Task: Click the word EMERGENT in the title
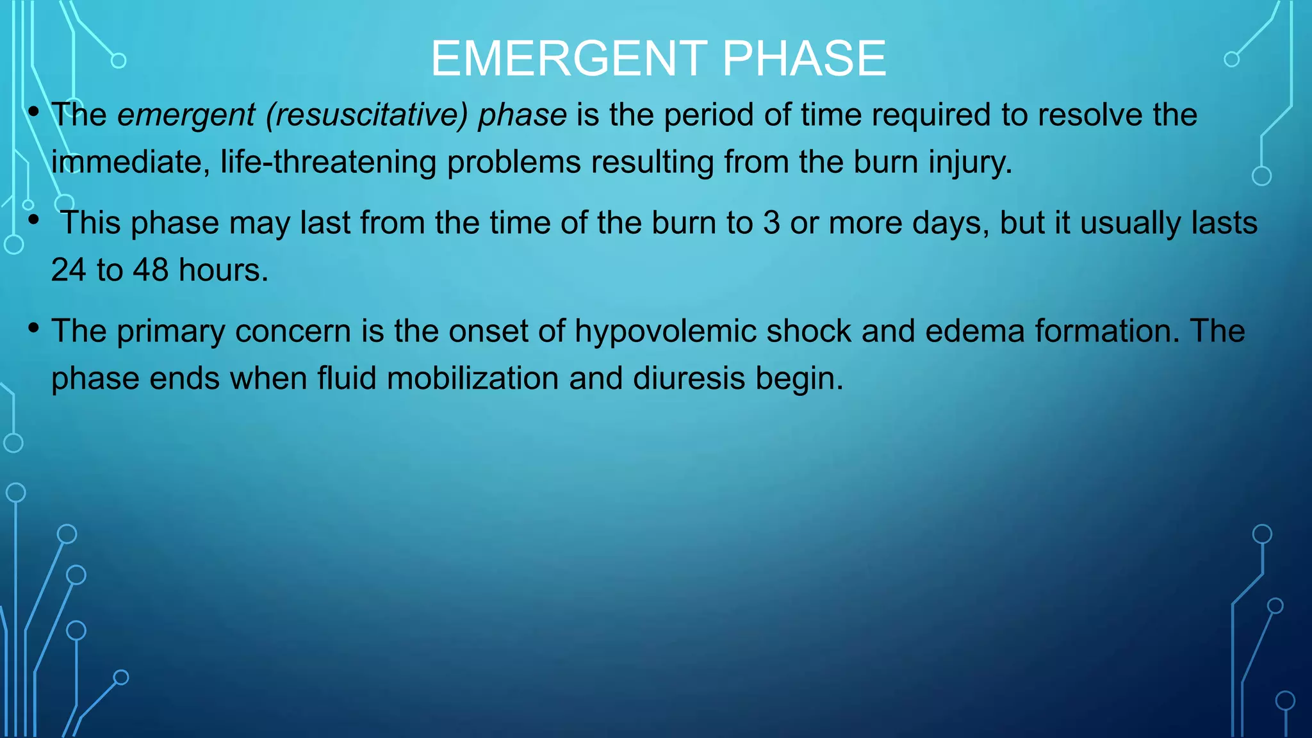(569, 59)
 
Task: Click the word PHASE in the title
(804, 59)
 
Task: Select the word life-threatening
(328, 162)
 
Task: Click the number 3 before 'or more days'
(771, 224)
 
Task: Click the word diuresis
(689, 379)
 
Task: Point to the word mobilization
(473, 379)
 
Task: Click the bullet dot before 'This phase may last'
(34, 221)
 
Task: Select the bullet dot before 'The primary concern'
(34, 329)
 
